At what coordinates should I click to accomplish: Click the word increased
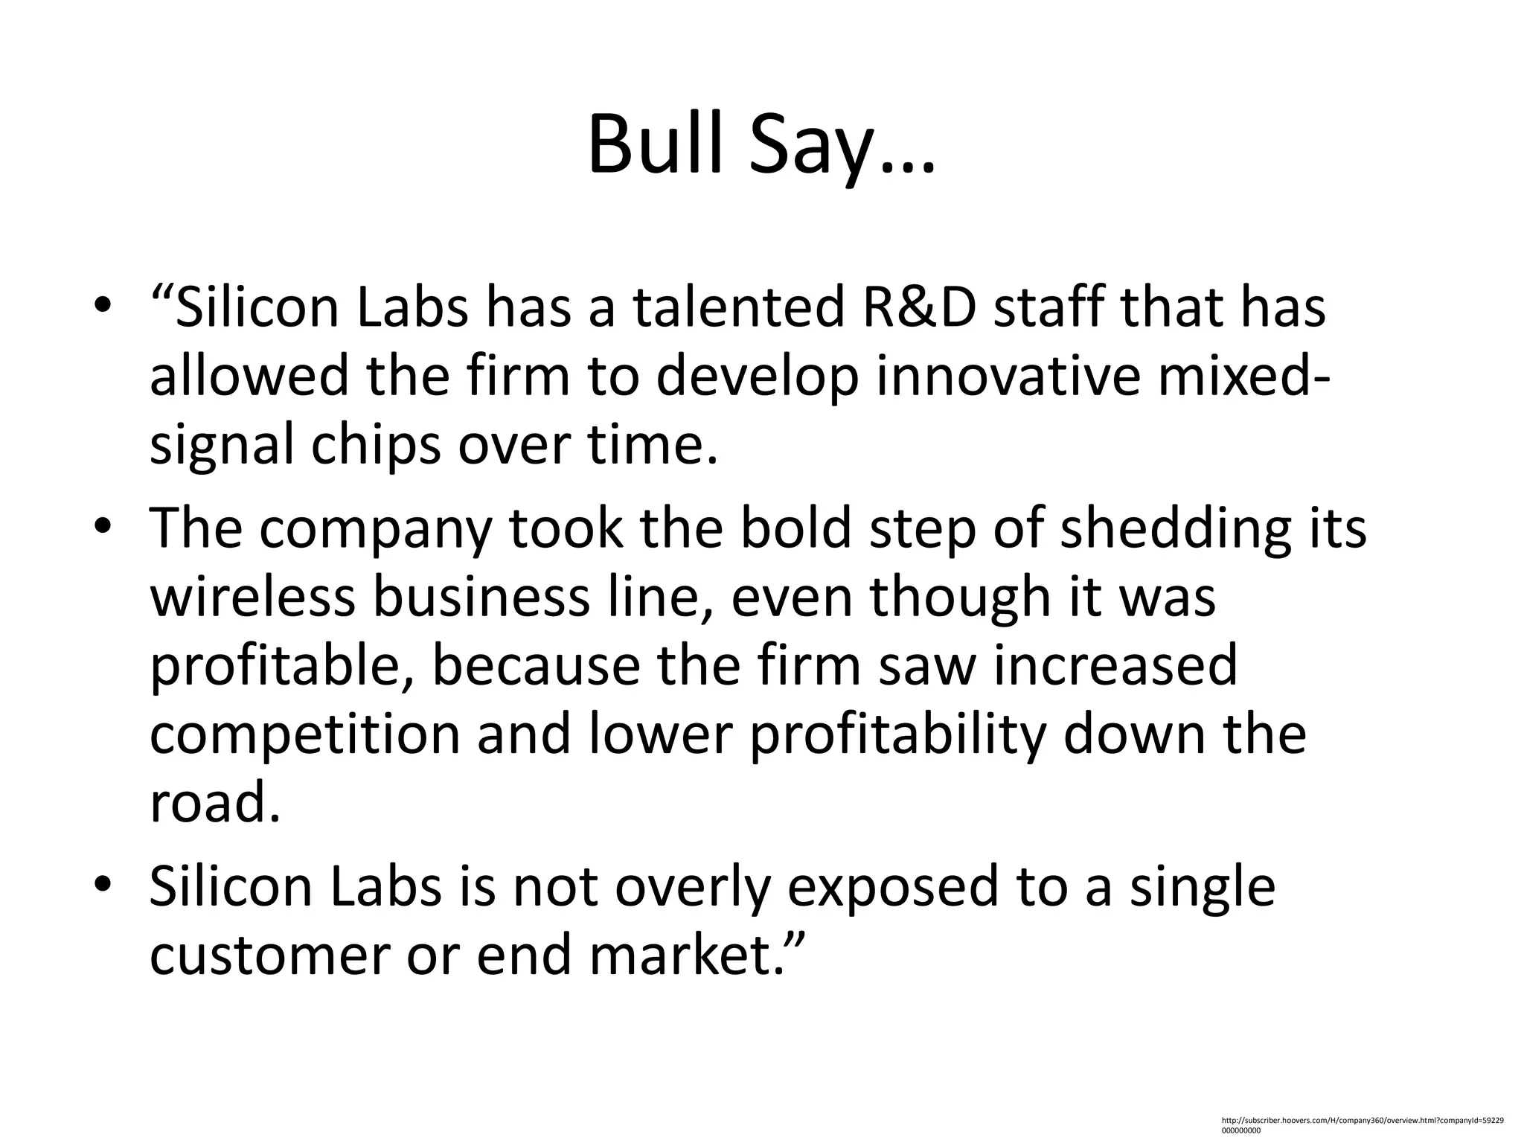1116,665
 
